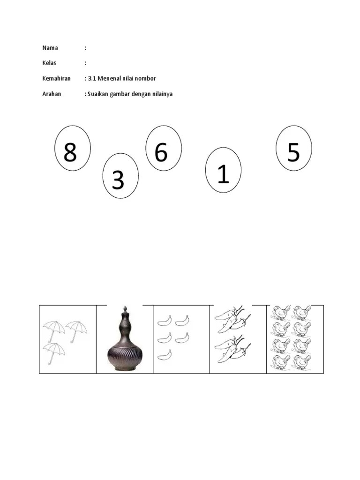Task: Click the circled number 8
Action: pos(73,148)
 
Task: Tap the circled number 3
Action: pos(120,176)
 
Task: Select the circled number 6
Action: pos(164,148)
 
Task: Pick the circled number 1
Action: pos(223,170)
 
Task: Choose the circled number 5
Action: pos(294,148)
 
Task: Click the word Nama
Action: pos(50,48)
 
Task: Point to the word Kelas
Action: pos(49,63)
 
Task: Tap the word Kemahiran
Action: pos(56,78)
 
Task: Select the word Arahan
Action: pos(52,94)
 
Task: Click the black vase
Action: pos(125,339)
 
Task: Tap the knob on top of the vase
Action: pos(125,309)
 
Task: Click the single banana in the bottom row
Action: pos(165,355)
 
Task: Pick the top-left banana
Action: pos(165,321)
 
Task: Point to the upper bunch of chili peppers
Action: pos(232,319)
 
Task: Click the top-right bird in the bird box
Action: pos(302,313)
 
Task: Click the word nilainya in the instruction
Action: pos(162,94)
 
